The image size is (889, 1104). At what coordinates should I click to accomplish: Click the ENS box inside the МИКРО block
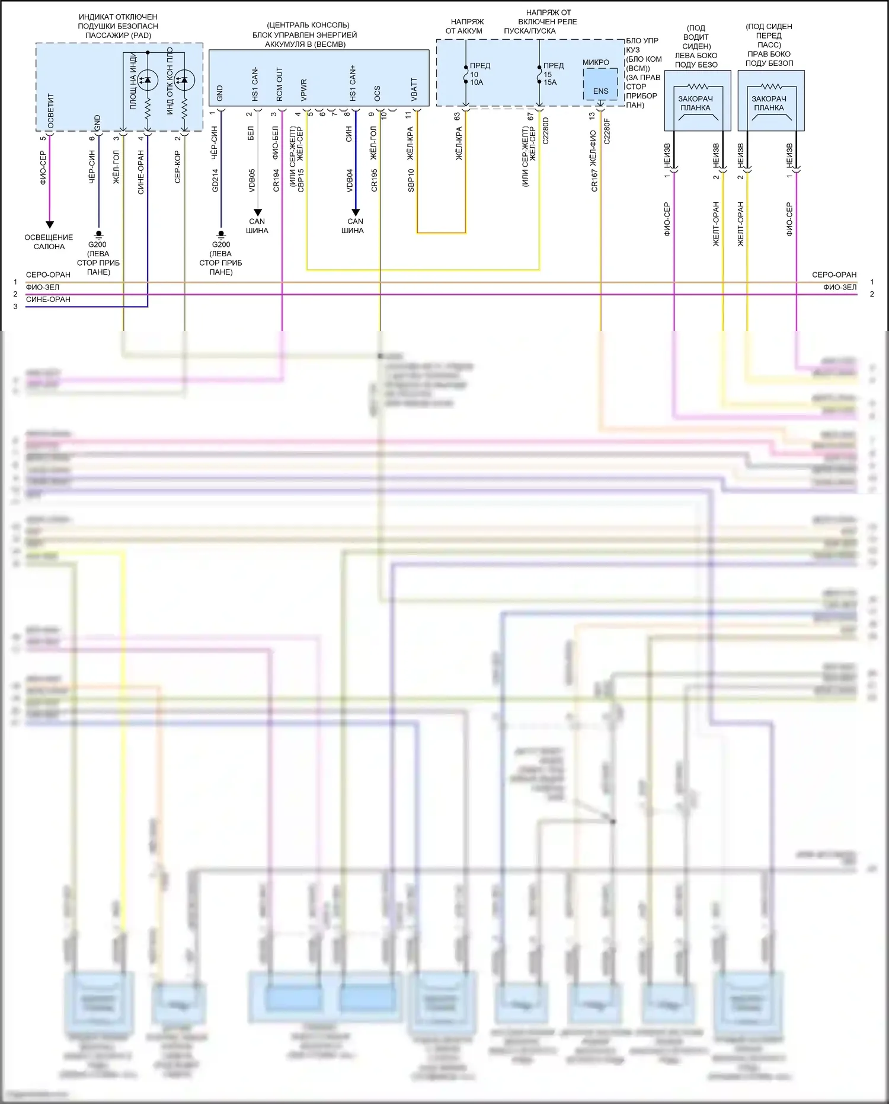tap(600, 90)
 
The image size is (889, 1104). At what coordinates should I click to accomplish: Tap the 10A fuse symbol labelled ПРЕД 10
tap(466, 74)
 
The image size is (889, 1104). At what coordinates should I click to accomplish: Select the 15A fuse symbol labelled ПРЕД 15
tap(539, 74)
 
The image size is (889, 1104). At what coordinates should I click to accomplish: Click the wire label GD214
tap(215, 180)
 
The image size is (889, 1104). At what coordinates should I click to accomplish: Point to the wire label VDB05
tap(252, 180)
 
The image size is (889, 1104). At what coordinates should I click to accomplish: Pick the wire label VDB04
tap(350, 180)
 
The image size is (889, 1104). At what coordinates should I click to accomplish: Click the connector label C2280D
tap(546, 131)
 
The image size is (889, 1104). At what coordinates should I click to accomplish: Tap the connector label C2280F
tap(606, 131)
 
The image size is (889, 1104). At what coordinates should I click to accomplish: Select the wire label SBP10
tap(411, 180)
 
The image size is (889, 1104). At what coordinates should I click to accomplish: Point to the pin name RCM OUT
tap(279, 85)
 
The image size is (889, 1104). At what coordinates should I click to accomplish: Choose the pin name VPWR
tap(304, 91)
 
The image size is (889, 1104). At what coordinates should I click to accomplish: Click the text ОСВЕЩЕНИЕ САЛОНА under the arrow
tap(49, 241)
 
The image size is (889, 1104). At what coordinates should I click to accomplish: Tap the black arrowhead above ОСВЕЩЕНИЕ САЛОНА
tap(50, 225)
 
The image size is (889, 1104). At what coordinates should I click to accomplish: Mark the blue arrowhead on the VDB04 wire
tap(356, 212)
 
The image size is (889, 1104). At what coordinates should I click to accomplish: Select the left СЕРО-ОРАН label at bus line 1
tap(48, 275)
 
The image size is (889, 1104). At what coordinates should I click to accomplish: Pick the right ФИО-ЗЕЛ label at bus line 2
tap(839, 287)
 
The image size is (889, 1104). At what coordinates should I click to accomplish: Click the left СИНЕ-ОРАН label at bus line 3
tap(48, 300)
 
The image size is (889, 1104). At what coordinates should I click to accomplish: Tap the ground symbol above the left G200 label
tap(98, 234)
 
